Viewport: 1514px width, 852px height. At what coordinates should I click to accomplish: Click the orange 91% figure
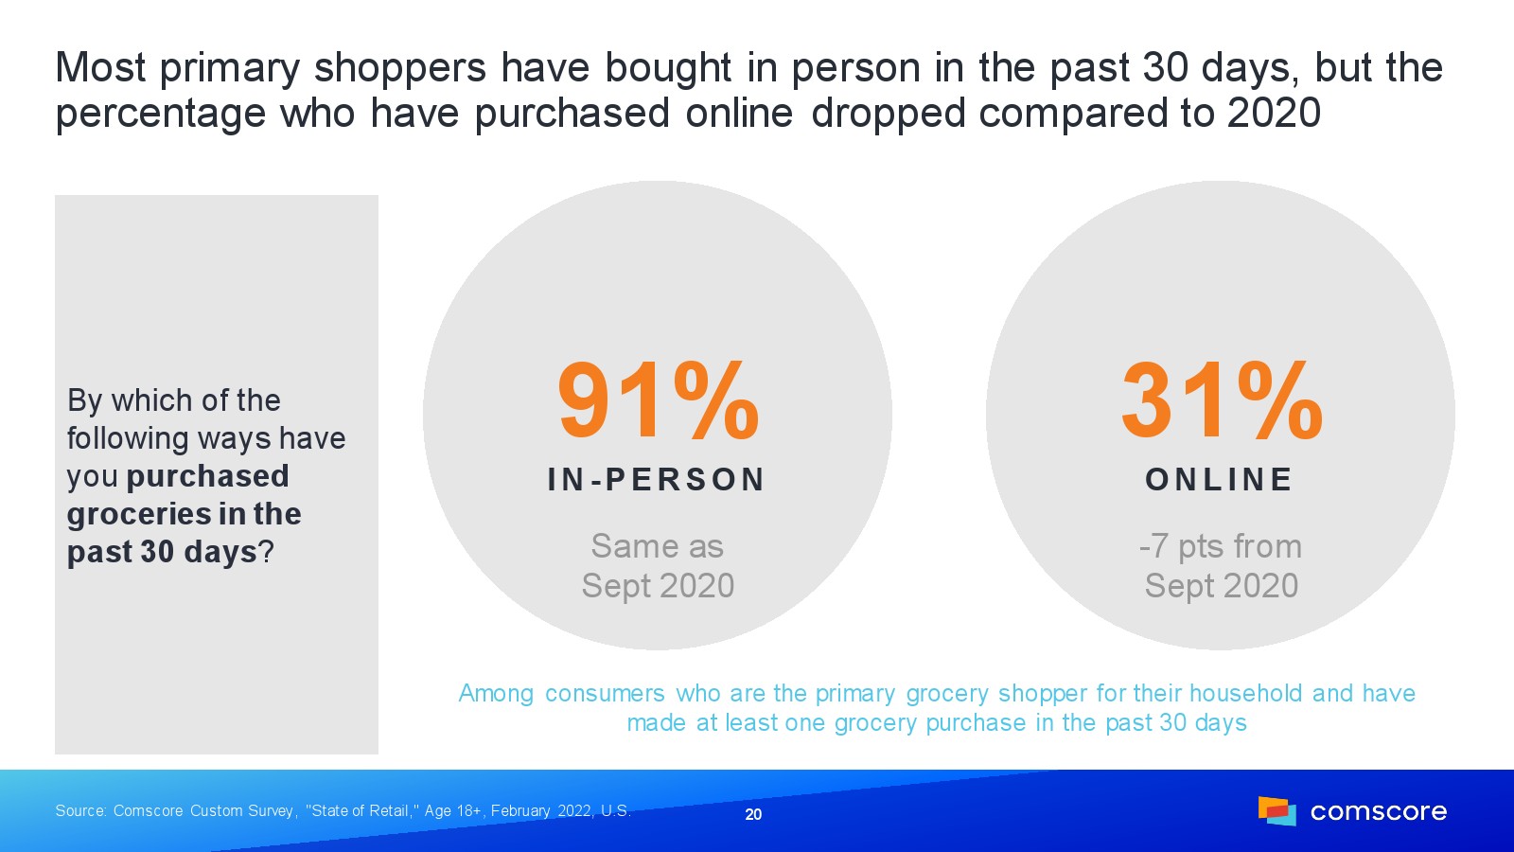659,400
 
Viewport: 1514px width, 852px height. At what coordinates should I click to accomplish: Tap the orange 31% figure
1222,400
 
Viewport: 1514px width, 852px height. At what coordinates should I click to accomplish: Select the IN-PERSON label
657,479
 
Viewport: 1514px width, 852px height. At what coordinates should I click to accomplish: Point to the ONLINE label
1220,479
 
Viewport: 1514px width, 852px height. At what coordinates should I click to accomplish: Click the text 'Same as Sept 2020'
658,565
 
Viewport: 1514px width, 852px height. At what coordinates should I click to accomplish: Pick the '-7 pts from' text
1221,546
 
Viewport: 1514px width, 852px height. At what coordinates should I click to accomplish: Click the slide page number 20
753,814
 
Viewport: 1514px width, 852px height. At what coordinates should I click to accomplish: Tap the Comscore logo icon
1276,810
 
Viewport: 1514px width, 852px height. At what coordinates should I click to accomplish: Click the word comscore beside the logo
1378,811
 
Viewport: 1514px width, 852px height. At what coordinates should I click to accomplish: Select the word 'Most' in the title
100,67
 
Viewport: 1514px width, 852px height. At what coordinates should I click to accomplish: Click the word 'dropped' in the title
888,114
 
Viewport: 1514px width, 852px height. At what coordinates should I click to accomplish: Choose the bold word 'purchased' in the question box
207,477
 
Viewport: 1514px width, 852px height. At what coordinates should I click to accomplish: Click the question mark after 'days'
266,552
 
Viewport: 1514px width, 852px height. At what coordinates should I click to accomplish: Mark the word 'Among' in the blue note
496,694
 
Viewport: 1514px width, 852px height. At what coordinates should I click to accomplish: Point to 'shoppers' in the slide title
400,69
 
